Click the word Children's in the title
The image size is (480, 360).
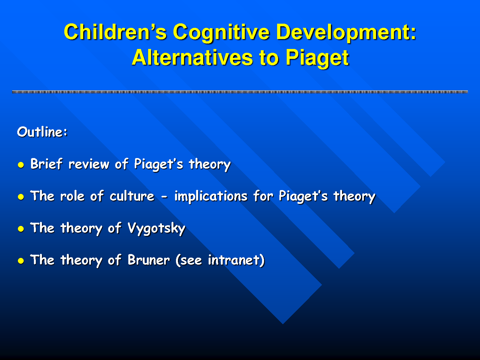115,32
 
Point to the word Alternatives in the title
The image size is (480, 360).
192,58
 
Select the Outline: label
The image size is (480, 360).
42,132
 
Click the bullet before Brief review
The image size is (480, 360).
21,165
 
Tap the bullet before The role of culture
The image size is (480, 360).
21,197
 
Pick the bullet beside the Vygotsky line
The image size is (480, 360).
21,229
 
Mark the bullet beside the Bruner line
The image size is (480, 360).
21,261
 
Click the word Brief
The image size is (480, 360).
46,164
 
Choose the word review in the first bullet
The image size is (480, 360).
89,164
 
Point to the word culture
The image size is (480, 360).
132,196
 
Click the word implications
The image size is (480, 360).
211,196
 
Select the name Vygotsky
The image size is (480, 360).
156,228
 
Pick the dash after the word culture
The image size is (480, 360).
164,197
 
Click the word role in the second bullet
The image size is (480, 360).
72,196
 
